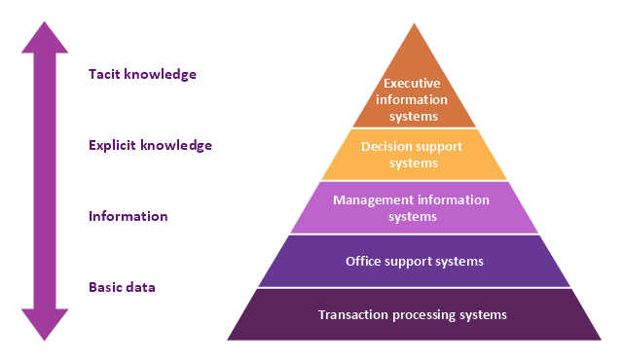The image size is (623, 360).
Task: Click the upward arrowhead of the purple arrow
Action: [x=45, y=38]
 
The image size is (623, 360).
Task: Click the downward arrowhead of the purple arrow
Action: [x=45, y=324]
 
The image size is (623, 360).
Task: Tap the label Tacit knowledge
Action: [x=142, y=74]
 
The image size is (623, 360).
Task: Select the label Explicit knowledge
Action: [x=150, y=145]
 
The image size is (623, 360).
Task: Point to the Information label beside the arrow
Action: [x=128, y=216]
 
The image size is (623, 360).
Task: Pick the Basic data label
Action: [x=122, y=287]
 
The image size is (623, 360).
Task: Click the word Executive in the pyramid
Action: [x=412, y=84]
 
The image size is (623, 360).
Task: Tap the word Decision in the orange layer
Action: [x=384, y=147]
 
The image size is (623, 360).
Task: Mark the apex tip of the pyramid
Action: [x=414, y=23]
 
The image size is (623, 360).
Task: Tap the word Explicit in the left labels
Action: [x=113, y=146]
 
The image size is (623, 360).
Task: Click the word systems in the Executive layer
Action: [x=414, y=117]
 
